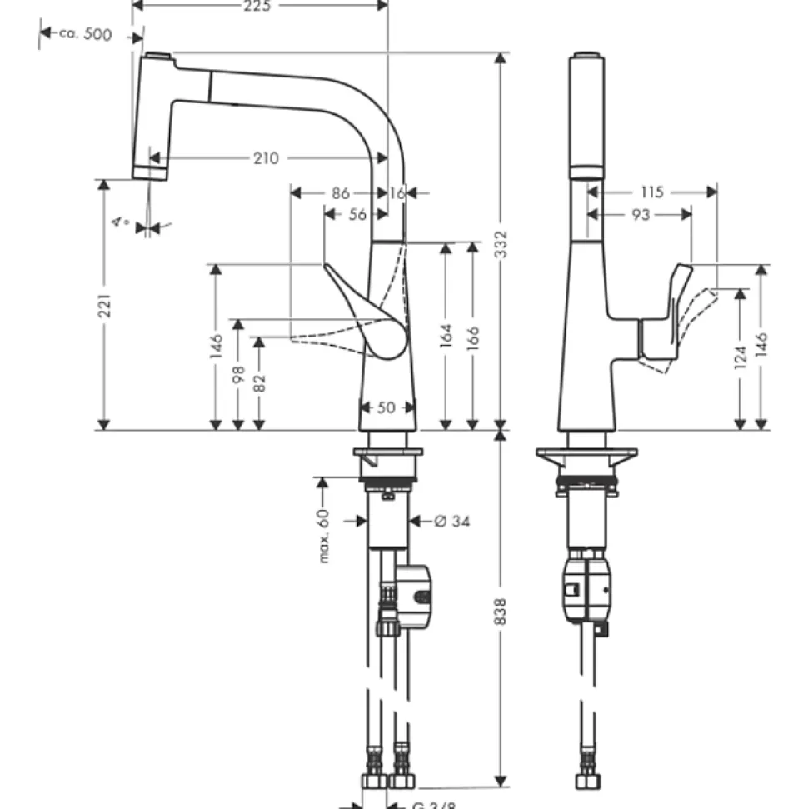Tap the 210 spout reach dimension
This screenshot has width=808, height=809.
pos(266,158)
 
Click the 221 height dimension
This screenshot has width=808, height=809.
pos(103,305)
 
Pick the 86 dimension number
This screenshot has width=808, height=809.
pos(340,192)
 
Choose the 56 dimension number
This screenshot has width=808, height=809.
pos(357,214)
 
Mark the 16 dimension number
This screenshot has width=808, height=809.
pos(397,192)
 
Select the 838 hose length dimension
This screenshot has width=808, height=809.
pos(501,612)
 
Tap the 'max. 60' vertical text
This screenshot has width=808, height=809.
pos(324,535)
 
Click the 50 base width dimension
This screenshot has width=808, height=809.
pos(387,407)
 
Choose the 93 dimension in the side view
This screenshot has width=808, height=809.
pos(641,214)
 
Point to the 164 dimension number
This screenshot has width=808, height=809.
pos(446,337)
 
